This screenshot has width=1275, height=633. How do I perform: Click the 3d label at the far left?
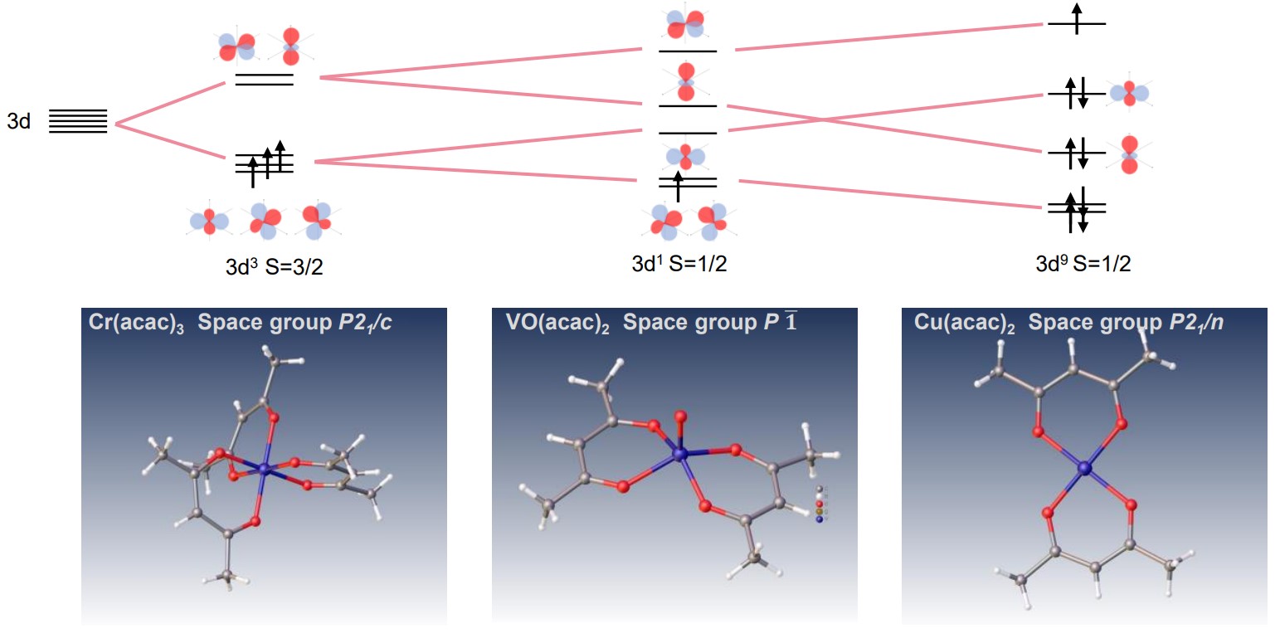pyautogui.click(x=19, y=121)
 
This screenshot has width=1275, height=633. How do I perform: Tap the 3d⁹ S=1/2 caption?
pyautogui.click(x=1083, y=265)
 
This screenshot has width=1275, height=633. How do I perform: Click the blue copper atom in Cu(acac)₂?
pyautogui.click(x=1084, y=470)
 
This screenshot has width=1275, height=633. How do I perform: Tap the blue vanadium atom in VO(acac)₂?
pyautogui.click(x=681, y=454)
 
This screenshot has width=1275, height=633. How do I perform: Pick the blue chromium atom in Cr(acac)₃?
pyautogui.click(x=264, y=470)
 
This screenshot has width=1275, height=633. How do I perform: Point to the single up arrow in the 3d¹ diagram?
pyautogui.click(x=679, y=185)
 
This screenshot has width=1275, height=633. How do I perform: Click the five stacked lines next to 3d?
pyautogui.click(x=78, y=121)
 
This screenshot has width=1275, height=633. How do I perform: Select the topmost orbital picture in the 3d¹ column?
pyautogui.click(x=686, y=25)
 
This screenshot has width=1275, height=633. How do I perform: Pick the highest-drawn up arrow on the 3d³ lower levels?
pyautogui.click(x=280, y=153)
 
